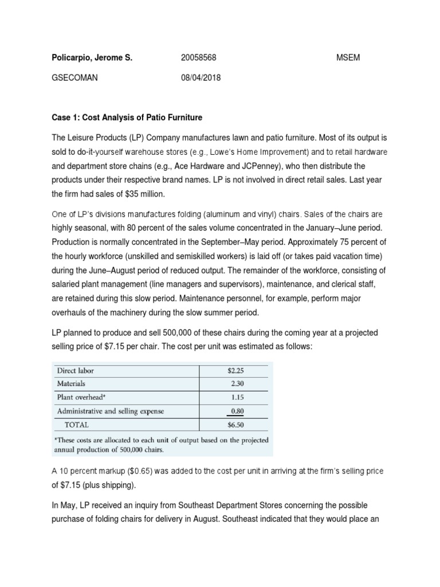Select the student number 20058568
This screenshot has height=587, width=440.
198,58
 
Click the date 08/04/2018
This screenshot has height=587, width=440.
201,77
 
